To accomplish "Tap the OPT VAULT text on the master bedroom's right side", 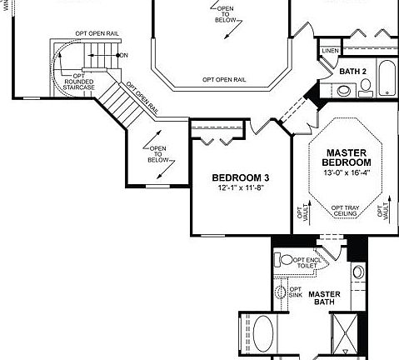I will [x=385, y=212].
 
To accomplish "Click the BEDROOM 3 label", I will [x=240, y=177].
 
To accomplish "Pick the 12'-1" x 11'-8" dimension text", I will [x=240, y=189].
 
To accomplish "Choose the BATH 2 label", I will [x=353, y=72].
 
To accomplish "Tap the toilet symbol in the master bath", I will [x=286, y=260].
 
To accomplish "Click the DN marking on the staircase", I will [x=123, y=55].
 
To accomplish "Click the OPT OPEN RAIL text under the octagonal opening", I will [x=223, y=79].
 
